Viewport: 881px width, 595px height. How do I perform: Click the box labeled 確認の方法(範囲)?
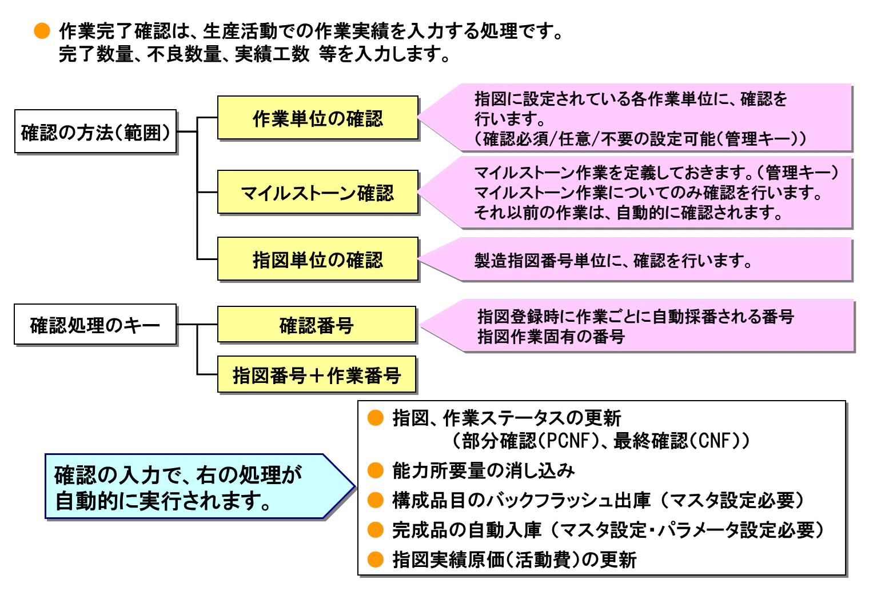click(x=95, y=132)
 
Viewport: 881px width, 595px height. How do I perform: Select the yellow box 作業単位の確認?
click(x=318, y=118)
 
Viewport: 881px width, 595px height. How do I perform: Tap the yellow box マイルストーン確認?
click(x=318, y=193)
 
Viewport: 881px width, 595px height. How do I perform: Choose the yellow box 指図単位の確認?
click(x=318, y=259)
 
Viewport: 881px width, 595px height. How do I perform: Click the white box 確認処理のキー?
click(x=95, y=325)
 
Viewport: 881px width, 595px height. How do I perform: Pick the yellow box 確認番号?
click(x=317, y=325)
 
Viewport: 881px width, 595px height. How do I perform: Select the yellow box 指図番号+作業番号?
click(x=317, y=375)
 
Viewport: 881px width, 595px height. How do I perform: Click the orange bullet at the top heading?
click(x=42, y=31)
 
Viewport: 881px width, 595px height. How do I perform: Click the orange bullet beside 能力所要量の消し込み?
click(x=376, y=470)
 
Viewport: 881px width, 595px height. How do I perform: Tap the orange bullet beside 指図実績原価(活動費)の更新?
click(x=376, y=560)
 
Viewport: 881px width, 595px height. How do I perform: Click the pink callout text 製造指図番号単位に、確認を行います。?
click(x=613, y=261)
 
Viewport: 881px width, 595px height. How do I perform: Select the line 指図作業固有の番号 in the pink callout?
click(x=551, y=337)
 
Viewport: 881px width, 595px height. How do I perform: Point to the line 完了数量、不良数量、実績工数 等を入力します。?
click(x=255, y=54)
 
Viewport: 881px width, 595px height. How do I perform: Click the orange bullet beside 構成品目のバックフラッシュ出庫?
click(x=376, y=500)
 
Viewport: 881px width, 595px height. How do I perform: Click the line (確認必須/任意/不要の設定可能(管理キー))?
click(x=640, y=139)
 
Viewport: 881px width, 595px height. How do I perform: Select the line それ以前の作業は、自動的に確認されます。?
click(x=629, y=213)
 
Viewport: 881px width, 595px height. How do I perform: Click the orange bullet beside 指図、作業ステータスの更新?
click(x=376, y=418)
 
